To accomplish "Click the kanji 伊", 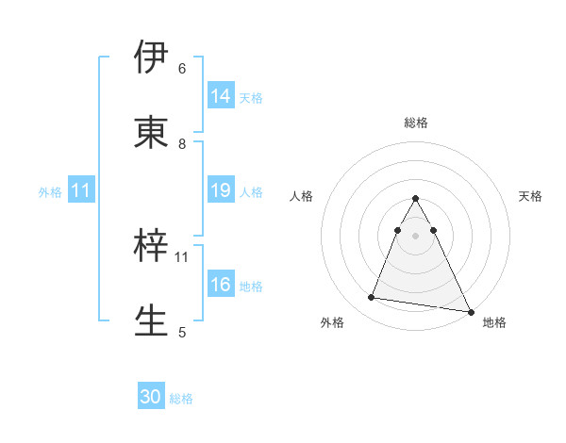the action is coord(153,57).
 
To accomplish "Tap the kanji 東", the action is coord(153,133).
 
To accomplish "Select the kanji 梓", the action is coord(153,247).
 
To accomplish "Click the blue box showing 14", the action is coord(221,96).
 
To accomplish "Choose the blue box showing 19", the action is coord(221,190).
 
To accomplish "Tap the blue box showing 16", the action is coord(221,285).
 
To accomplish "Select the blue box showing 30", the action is coord(151,397).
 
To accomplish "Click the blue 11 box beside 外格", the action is coord(82,190).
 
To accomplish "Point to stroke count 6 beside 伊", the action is coord(182,68).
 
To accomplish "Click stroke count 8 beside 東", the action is coord(182,143).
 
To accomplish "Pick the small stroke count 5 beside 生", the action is coord(182,332).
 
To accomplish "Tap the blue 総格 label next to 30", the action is coord(181,399).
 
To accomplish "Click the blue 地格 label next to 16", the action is coord(251,286).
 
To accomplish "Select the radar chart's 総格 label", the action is coord(415,123).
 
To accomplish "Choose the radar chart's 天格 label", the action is coord(531,196).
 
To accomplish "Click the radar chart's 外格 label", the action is coord(332,322).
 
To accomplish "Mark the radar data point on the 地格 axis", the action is coord(470,311).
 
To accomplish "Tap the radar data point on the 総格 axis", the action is coord(415,199).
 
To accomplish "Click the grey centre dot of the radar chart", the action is coord(415,236).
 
